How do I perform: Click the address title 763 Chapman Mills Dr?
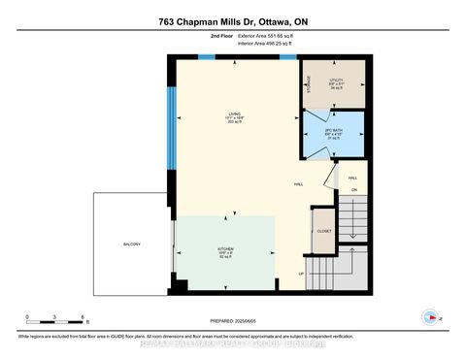coord(232,22)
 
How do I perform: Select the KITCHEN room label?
coord(224,247)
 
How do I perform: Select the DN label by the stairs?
coord(354,189)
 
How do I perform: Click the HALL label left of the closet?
coord(300,183)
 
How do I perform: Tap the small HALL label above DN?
coord(353,178)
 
